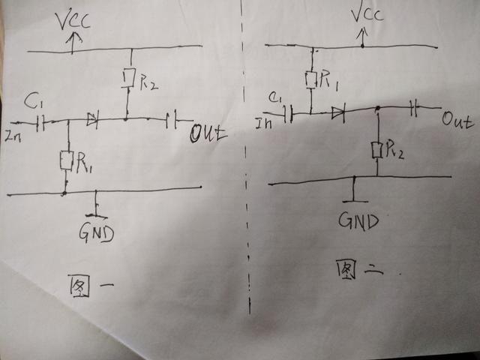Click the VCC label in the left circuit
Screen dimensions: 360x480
tap(74, 21)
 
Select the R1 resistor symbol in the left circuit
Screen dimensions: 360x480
tap(67, 160)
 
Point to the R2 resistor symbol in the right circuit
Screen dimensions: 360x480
tap(378, 151)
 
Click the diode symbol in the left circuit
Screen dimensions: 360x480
tap(92, 118)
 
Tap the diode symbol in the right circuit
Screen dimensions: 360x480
tap(337, 113)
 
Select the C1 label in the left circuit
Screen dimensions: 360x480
tap(32, 100)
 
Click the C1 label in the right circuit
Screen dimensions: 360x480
tap(276, 97)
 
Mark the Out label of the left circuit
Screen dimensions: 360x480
tap(208, 134)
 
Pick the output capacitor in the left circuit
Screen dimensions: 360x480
tap(172, 118)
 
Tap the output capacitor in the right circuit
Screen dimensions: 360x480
tap(415, 108)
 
